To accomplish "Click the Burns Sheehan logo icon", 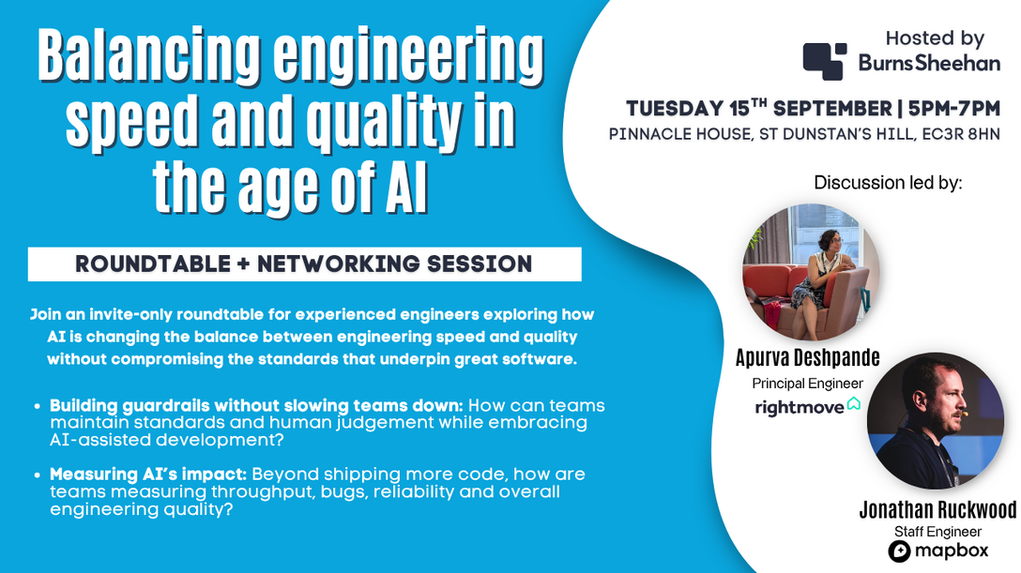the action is [824, 61].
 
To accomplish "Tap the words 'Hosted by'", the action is [935, 38].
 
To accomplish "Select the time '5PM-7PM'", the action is [954, 108].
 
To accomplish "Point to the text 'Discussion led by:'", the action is [888, 183].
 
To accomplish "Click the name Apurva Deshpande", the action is [807, 357].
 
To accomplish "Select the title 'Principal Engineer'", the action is [807, 384].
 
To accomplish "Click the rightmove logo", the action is [807, 406].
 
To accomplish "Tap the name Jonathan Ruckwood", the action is [937, 510].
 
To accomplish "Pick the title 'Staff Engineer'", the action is [937, 532].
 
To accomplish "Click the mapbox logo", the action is [938, 551].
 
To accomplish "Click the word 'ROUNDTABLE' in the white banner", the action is [153, 264].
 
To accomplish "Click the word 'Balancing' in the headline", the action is [149, 57].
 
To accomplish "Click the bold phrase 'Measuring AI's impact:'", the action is [148, 475].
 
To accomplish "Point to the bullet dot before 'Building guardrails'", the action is [38, 406].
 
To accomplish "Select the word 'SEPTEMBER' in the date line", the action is [832, 108].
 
